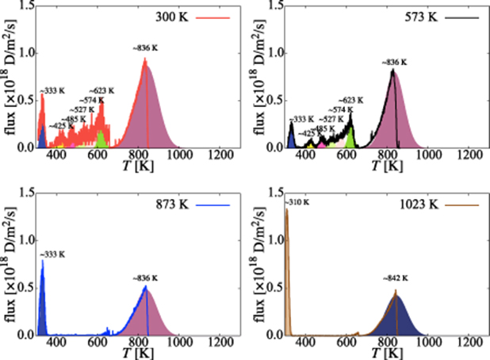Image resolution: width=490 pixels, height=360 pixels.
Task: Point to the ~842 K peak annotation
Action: tap(395, 279)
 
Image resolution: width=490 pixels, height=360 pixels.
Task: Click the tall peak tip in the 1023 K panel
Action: tap(285, 210)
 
